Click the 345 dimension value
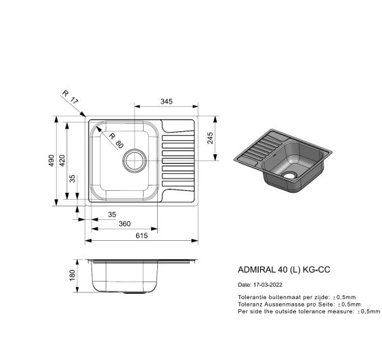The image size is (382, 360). pyautogui.click(x=167, y=102)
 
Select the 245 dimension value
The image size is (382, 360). pyautogui.click(x=210, y=138)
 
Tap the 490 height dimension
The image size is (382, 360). pyautogui.click(x=51, y=160)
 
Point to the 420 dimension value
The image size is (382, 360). pyautogui.click(x=62, y=160)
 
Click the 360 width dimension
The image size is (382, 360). pyautogui.click(x=125, y=224)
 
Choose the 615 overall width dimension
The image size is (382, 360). pyautogui.click(x=142, y=235)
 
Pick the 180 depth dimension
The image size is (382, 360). pyautogui.click(x=72, y=275)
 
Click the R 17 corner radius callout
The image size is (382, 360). pyautogui.click(x=70, y=97)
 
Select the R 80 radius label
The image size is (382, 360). pyautogui.click(x=116, y=141)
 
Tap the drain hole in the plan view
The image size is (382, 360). pyautogui.click(x=135, y=161)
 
